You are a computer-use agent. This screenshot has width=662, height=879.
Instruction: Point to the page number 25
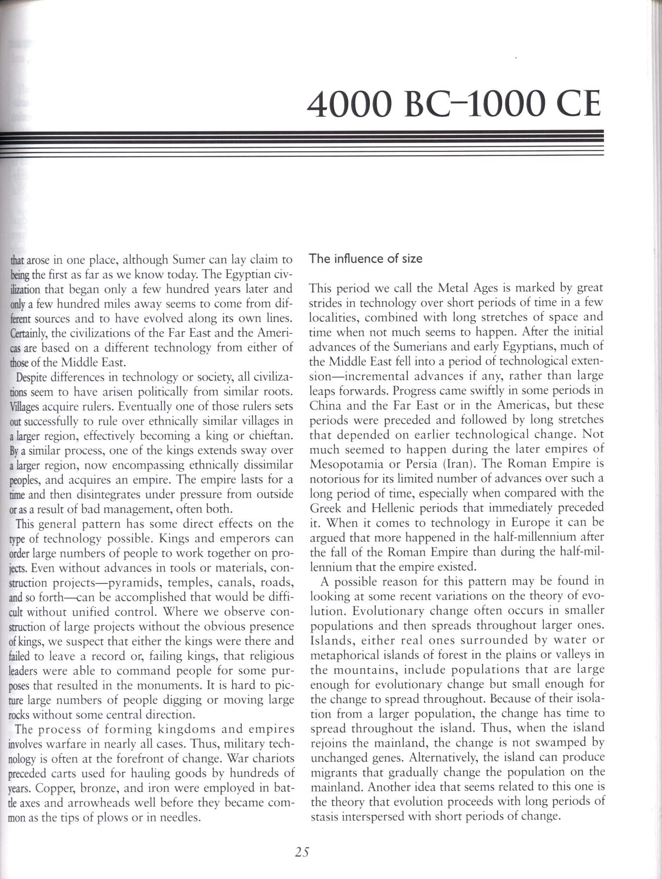point(302,849)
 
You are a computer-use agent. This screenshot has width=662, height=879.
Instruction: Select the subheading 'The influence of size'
point(366,259)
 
